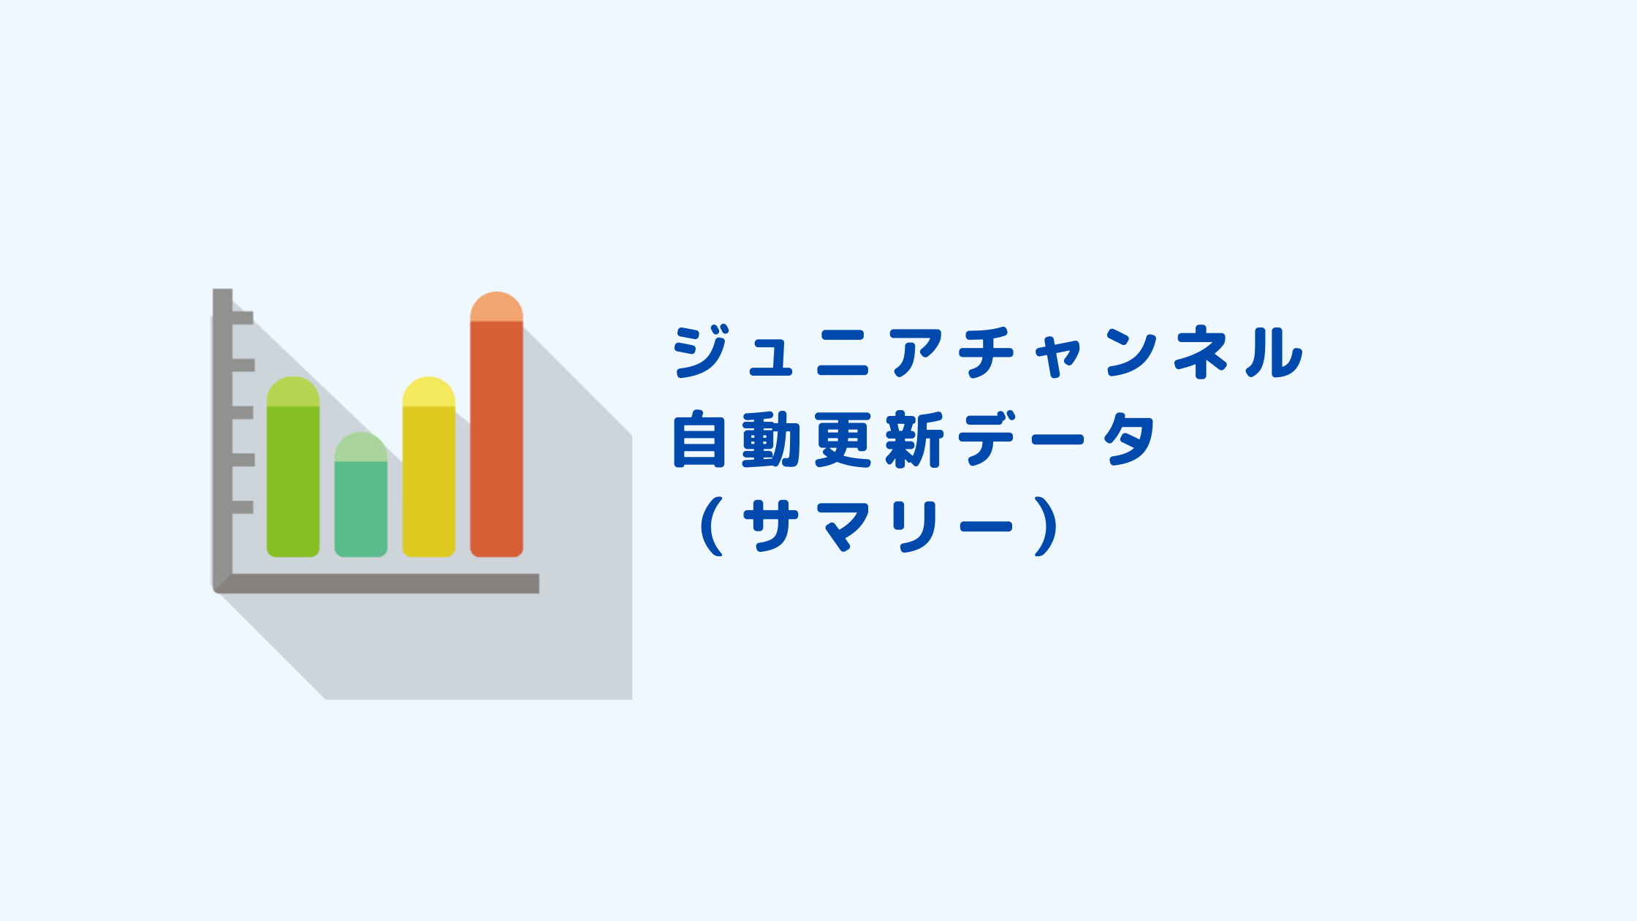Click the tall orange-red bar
click(496, 425)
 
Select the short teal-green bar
click(361, 494)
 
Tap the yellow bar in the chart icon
click(429, 467)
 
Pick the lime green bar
click(293, 467)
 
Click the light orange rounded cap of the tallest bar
click(496, 306)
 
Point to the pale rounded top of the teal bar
click(361, 447)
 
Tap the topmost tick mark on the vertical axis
click(243, 317)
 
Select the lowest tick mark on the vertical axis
click(243, 507)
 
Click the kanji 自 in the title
click(699, 439)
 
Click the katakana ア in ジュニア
click(914, 352)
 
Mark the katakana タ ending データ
click(1130, 439)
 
